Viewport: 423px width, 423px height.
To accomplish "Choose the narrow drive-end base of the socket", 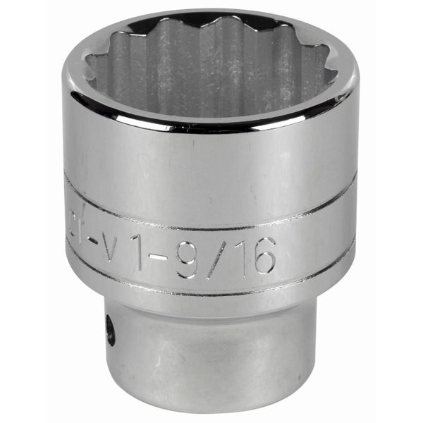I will pyautogui.click(x=211, y=360).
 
